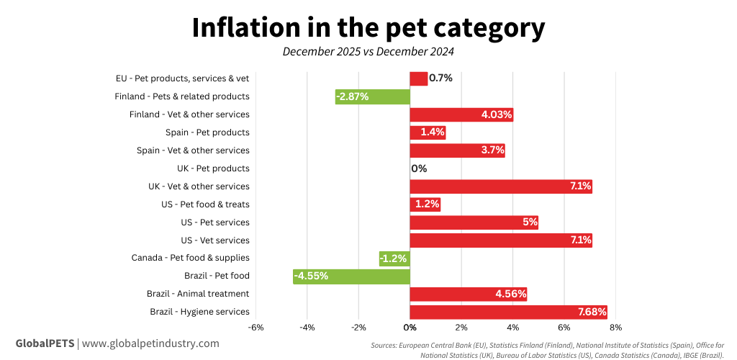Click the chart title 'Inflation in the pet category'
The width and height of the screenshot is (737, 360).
(x=368, y=27)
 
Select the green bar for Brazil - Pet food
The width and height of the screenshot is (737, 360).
(x=351, y=276)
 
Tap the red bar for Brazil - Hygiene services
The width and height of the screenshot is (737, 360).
(x=508, y=312)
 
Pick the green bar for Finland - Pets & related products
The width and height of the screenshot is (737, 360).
(x=372, y=96)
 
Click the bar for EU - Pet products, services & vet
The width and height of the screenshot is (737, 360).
(x=418, y=78)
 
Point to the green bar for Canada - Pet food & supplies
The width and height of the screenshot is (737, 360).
(x=394, y=258)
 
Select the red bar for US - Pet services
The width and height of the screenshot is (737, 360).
(x=474, y=222)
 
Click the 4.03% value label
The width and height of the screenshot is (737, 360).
(x=497, y=114)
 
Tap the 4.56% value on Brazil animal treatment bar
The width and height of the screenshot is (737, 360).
(x=511, y=294)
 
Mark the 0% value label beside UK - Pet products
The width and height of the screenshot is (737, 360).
(x=419, y=168)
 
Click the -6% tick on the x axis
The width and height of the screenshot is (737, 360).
(x=256, y=327)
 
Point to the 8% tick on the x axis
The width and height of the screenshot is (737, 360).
(x=615, y=327)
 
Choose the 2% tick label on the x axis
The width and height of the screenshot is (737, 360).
(x=461, y=327)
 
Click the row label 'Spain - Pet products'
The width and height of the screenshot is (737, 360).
(x=207, y=132)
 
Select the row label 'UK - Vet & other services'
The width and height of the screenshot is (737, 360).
(x=199, y=186)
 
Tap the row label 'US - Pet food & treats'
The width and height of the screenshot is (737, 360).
(x=205, y=204)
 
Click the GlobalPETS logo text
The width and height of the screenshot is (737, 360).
(x=45, y=343)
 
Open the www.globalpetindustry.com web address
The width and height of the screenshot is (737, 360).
(x=150, y=343)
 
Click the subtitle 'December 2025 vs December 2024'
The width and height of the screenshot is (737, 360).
(x=368, y=52)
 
